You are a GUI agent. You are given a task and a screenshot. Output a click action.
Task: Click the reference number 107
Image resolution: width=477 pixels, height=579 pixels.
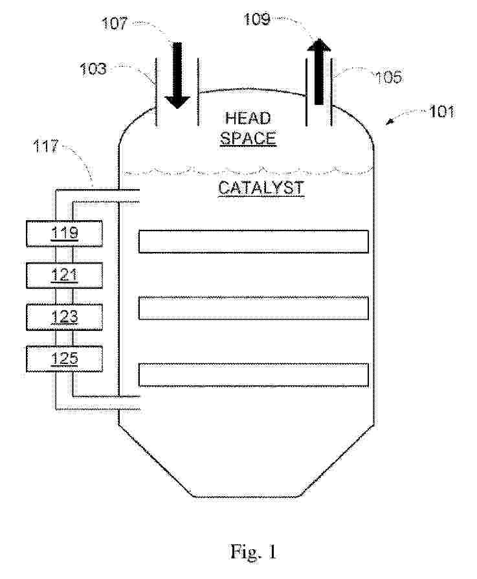(x=115, y=23)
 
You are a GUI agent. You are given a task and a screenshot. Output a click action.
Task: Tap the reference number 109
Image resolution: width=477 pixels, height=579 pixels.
(x=257, y=19)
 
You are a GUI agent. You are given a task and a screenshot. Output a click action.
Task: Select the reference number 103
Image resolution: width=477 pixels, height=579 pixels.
(x=93, y=69)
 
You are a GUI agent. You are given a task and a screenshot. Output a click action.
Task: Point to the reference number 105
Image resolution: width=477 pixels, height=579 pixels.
(x=388, y=77)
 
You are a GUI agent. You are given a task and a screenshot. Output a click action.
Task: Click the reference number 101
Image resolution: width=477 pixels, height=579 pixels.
(x=441, y=111)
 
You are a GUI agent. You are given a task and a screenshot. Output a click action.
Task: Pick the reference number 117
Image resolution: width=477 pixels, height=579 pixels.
(x=46, y=146)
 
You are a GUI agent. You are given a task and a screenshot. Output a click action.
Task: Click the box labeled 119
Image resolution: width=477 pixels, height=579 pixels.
(x=65, y=234)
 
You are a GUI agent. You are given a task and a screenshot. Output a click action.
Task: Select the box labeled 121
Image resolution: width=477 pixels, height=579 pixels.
(x=65, y=275)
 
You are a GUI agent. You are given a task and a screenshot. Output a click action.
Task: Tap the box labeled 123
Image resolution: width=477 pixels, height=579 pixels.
(x=65, y=317)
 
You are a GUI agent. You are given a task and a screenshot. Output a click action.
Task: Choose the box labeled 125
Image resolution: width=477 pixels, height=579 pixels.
(x=65, y=359)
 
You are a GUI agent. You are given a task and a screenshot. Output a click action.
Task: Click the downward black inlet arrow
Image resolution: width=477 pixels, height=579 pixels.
(x=177, y=76)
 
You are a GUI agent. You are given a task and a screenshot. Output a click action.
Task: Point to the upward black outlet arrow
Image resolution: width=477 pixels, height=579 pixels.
(x=319, y=71)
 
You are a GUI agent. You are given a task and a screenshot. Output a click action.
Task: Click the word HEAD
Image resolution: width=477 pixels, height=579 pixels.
(x=248, y=118)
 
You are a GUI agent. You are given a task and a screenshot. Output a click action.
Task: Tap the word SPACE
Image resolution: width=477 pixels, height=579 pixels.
(x=248, y=138)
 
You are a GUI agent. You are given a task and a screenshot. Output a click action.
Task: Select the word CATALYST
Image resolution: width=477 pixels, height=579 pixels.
(x=261, y=188)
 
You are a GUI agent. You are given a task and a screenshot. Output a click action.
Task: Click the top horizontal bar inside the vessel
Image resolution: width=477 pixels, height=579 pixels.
(x=254, y=242)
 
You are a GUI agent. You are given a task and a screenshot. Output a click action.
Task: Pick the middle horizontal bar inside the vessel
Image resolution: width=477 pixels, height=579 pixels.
(x=254, y=308)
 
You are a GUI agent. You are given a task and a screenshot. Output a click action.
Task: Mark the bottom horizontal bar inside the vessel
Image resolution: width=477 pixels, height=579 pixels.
(x=254, y=375)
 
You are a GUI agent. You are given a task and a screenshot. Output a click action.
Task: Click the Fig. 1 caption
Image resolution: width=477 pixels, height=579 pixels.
(x=254, y=552)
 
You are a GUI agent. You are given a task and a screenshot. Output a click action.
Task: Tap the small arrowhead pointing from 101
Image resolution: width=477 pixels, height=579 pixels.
(x=389, y=122)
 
